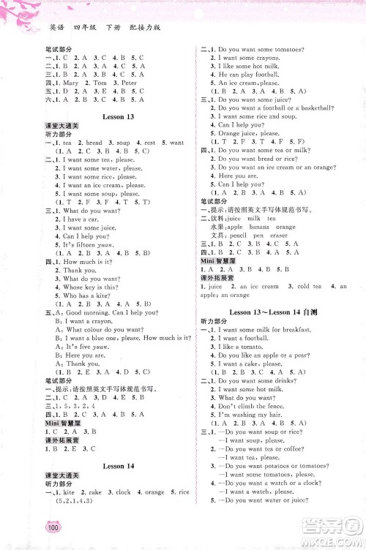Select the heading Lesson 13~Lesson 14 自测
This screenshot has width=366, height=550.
(276, 314)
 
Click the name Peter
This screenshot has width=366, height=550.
(129, 82)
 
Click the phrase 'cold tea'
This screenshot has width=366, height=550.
(288, 287)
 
